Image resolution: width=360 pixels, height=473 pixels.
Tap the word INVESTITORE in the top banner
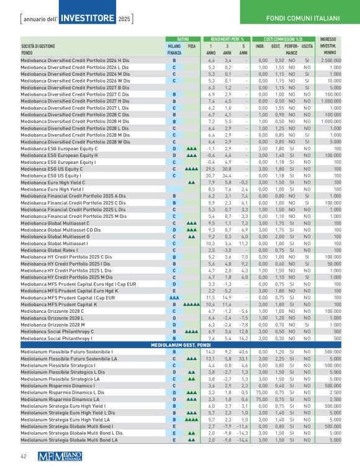click(88, 14)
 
